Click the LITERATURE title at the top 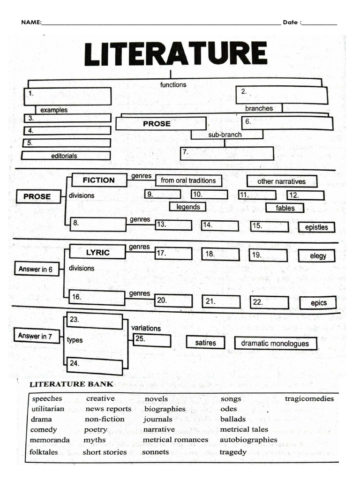[x=175, y=53]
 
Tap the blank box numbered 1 [x=67, y=96]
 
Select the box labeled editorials [x=66, y=156]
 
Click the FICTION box [x=98, y=180]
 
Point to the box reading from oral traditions [x=188, y=180]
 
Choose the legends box [x=188, y=207]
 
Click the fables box [x=285, y=208]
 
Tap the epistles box [x=316, y=227]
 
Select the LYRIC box [x=97, y=252]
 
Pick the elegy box [x=318, y=256]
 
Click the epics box [x=319, y=303]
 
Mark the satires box [x=205, y=343]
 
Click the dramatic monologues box [x=275, y=344]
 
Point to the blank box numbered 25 [x=152, y=340]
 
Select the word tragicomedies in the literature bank [x=309, y=399]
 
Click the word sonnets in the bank [x=156, y=452]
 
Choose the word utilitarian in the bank [x=48, y=409]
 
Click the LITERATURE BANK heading [x=71, y=384]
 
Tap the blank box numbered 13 [x=173, y=225]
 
